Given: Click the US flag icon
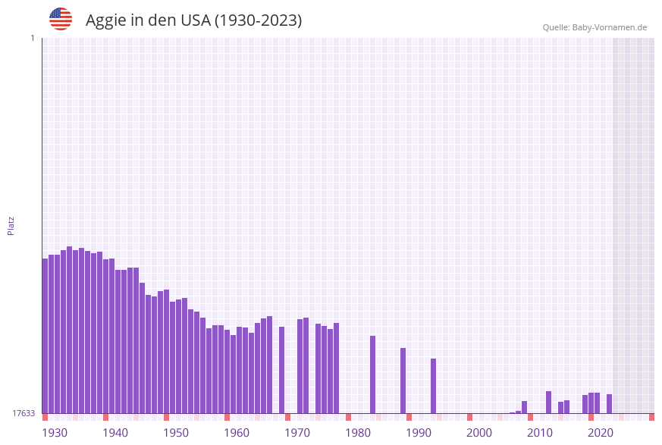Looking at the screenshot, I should pos(61,19).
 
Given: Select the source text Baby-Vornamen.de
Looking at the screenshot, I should pos(610,28).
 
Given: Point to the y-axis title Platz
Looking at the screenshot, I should pos(11,225).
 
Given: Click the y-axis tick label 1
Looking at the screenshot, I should pos(32,38).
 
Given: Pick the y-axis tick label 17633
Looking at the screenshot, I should pos(24,413).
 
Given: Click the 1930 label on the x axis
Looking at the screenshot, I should pos(54,433).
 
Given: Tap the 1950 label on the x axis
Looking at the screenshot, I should pos(175,433).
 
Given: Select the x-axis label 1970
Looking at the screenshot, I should pos(296,433).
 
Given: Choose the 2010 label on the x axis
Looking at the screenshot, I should pos(539,433).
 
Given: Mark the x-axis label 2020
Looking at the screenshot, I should pos(600,433).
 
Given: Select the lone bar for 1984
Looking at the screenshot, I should pos(373,374).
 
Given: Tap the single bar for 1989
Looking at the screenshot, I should pos(403,381).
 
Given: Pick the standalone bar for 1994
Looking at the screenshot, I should pos(434,386).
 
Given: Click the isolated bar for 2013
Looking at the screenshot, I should pos(549,402).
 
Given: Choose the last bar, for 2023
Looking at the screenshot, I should pos(610,403).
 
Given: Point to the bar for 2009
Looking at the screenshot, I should pos(525,407).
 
